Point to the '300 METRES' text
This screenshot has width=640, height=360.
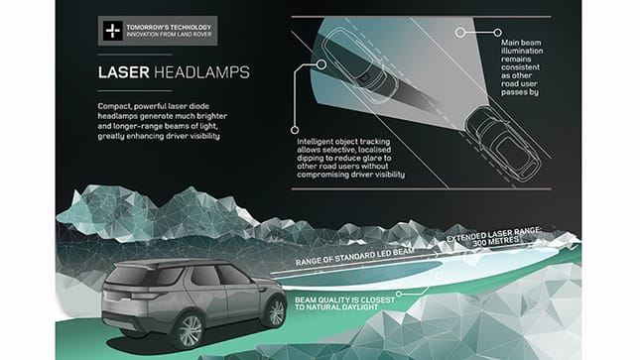coord(499,242)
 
